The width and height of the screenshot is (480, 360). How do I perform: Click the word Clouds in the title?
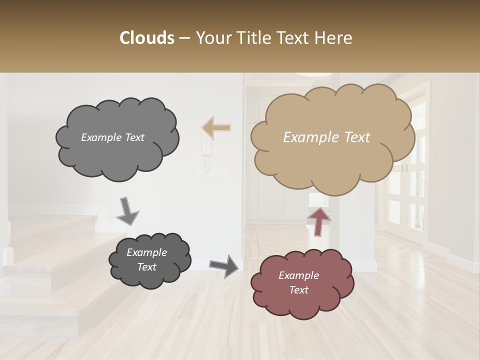(146, 38)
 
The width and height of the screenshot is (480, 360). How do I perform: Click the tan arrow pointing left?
(216, 127)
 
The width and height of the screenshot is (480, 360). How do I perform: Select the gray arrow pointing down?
(127, 211)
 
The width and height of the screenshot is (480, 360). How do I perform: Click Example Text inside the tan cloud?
(326, 137)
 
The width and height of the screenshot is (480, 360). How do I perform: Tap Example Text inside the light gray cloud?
(112, 137)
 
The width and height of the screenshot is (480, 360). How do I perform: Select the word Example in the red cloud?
(298, 275)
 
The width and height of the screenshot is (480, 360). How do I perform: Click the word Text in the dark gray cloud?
(146, 267)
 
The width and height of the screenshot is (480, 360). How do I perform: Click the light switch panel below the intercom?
(211, 173)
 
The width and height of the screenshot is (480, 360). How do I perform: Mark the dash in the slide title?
(184, 38)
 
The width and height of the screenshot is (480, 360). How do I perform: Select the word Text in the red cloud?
(298, 290)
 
